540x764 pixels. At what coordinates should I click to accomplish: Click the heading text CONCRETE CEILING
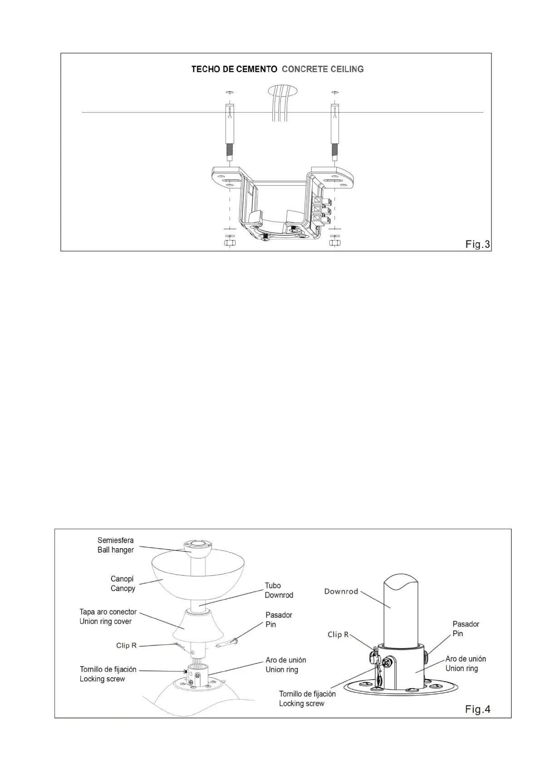[323, 69]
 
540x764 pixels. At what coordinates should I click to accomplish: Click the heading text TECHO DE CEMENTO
[234, 69]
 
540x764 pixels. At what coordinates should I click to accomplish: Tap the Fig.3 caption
[477, 245]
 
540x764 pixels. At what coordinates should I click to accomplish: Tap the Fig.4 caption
[477, 709]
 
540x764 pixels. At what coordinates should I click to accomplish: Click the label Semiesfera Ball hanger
[116, 545]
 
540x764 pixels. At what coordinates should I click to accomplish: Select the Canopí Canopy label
[123, 583]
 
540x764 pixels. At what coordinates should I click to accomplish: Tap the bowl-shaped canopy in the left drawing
[197, 576]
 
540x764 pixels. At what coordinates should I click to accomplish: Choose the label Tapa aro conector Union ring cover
[108, 617]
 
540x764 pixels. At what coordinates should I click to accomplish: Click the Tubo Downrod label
[279, 590]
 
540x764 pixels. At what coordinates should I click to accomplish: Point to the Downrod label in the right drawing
[341, 592]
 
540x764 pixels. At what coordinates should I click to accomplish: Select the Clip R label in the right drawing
[338, 634]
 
